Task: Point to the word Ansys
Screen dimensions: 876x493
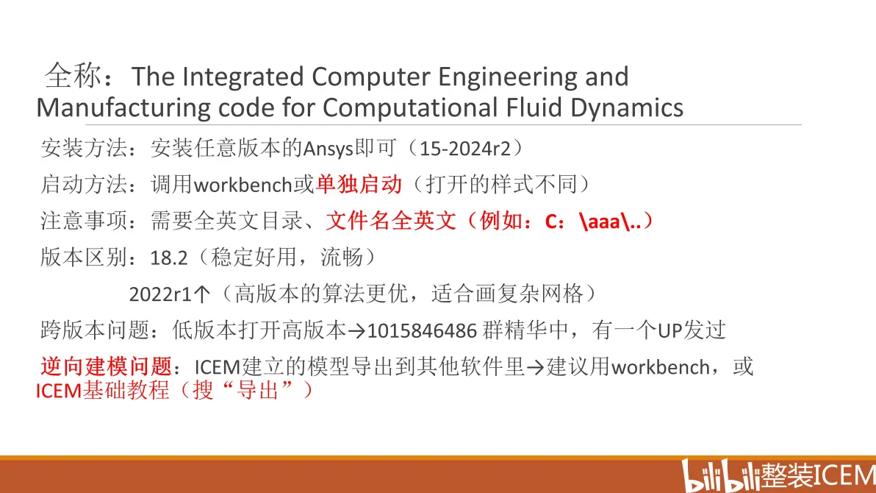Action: [328, 149]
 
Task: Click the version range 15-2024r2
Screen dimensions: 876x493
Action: [464, 149]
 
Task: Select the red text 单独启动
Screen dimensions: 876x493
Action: [359, 184]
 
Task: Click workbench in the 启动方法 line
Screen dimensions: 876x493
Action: [243, 185]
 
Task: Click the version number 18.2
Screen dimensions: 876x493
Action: [169, 258]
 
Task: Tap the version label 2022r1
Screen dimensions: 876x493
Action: [161, 294]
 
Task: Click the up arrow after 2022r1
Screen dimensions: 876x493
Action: [202, 294]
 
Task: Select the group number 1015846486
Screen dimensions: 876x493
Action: [422, 330]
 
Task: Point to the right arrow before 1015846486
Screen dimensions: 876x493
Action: [357, 331]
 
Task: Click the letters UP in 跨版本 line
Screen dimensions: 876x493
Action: [670, 330]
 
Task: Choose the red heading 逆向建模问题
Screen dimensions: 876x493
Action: [106, 366]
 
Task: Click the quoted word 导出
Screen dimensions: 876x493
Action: [257, 390]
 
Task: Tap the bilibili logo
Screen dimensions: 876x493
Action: [722, 475]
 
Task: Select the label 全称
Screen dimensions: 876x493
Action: [73, 76]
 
